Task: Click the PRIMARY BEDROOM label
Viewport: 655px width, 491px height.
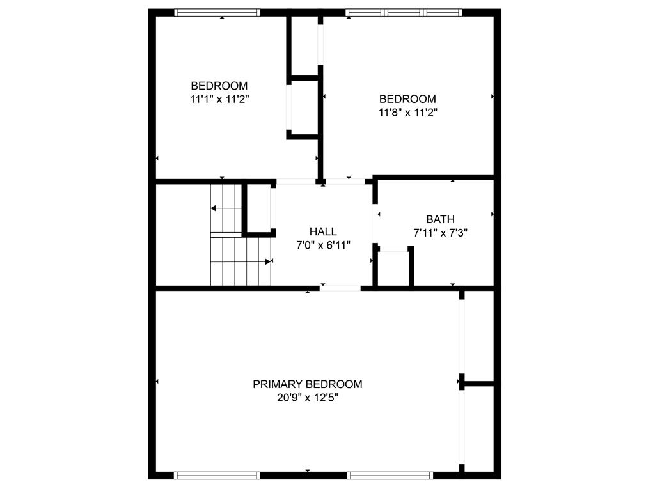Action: (308, 384)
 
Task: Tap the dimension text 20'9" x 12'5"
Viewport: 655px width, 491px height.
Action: (308, 398)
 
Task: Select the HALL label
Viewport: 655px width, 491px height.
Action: (323, 231)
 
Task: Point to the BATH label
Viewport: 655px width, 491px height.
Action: (440, 219)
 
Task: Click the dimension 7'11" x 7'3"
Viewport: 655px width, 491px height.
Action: (440, 233)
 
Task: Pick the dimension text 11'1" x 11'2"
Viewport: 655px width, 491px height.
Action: (219, 99)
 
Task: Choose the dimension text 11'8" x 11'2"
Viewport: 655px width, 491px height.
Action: (407, 113)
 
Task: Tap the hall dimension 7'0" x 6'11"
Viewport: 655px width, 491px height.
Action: (323, 245)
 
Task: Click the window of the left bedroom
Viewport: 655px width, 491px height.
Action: (217, 13)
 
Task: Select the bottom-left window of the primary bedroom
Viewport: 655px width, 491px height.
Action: (217, 476)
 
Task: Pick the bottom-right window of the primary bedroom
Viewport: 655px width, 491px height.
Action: (390, 476)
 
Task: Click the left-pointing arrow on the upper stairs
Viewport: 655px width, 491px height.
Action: (226, 208)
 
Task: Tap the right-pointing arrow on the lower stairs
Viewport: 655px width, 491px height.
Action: (241, 261)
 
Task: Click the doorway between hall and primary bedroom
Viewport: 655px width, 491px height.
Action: (340, 288)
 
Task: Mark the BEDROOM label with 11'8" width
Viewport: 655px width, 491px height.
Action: (407, 99)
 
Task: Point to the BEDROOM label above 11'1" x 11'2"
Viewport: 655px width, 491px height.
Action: (219, 86)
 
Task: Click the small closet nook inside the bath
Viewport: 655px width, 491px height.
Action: (393, 269)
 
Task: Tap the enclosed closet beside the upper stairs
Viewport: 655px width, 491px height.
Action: (259, 208)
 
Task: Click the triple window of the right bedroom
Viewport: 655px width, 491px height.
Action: (404, 13)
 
